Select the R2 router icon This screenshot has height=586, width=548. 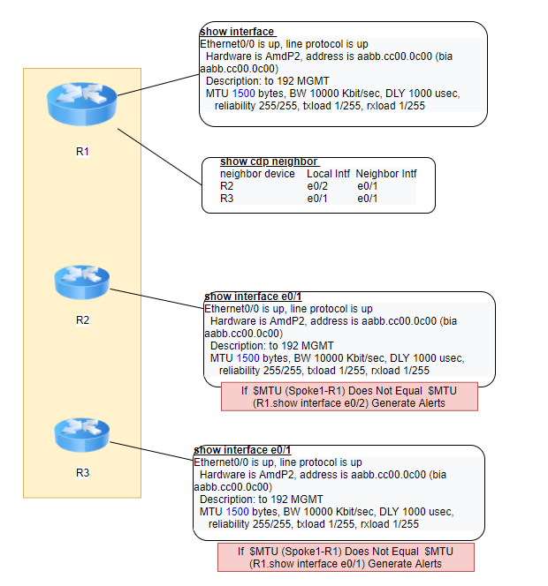[82, 282]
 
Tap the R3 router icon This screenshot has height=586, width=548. [82, 434]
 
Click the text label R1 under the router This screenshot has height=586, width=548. [82, 152]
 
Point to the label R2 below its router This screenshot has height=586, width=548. [82, 320]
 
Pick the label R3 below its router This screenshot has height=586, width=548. [82, 473]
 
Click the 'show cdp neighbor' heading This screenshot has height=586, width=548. [269, 162]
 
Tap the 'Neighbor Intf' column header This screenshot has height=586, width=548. [386, 174]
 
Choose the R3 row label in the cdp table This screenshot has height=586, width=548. [227, 198]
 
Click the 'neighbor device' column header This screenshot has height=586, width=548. [257, 174]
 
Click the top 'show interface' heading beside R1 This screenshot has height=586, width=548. [237, 32]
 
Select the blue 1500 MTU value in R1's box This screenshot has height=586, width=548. [243, 94]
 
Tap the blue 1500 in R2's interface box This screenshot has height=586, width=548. [247, 358]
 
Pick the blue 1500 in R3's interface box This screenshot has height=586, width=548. [237, 512]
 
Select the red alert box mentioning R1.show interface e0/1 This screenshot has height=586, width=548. [346, 557]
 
